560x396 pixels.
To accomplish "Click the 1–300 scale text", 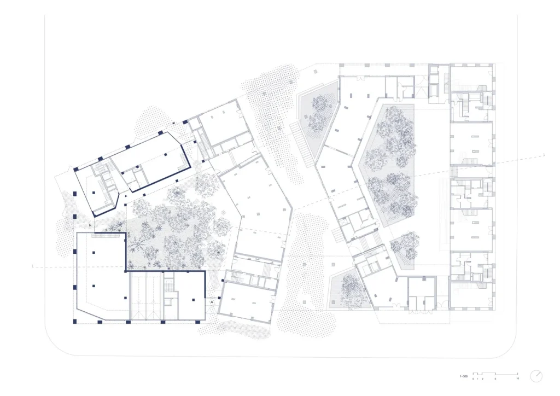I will point(463,377).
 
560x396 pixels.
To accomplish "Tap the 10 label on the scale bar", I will point(518,379).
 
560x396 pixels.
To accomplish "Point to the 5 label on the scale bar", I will point(495,379).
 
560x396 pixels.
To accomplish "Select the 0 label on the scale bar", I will point(473,379).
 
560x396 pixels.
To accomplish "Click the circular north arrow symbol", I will point(537,376).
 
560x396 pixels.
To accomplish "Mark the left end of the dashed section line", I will point(33,266).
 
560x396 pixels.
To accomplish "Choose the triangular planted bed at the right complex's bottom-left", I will point(348,287).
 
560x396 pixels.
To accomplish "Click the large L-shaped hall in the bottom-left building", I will point(101,279).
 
